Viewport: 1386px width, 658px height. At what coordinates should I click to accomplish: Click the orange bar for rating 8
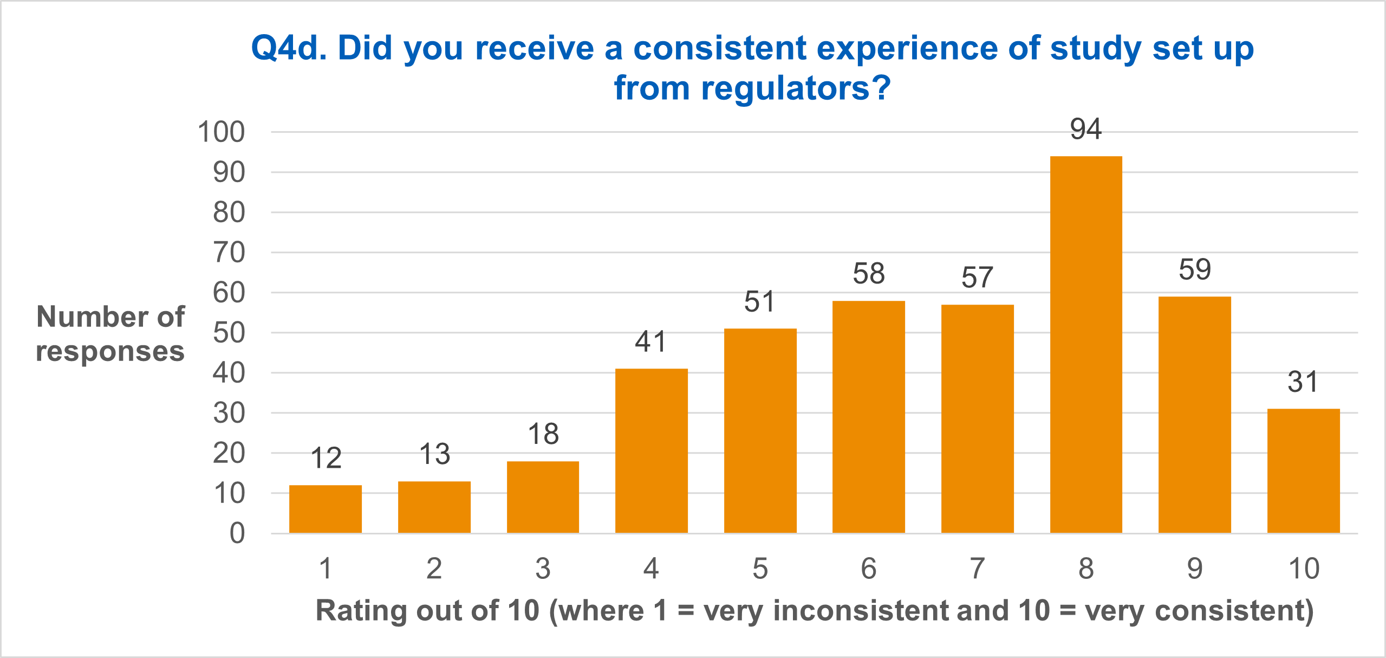(1085, 344)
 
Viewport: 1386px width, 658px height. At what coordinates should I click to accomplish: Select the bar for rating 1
(325, 509)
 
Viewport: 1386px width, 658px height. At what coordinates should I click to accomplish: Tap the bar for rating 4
(651, 450)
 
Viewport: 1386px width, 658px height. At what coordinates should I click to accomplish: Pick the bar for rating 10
(1303, 470)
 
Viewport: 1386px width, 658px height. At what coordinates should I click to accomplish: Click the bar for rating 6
(868, 417)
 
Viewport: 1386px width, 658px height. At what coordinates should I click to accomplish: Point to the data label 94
(1085, 130)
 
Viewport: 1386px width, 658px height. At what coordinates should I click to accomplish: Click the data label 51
(759, 302)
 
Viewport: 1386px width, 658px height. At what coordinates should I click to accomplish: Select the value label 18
(543, 434)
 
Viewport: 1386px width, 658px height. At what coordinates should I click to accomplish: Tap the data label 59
(1194, 270)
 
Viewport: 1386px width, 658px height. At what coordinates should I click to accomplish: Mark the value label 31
(1303, 382)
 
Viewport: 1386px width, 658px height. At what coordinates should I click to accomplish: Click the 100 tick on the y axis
(221, 132)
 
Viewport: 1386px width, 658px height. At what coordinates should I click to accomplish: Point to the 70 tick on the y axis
(229, 253)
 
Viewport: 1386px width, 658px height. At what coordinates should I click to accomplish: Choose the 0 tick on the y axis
(237, 534)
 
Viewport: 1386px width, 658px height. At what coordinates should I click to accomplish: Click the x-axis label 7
(977, 569)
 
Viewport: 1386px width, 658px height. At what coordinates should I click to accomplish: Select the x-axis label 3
(543, 569)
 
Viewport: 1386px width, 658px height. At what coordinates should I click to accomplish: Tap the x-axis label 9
(1194, 569)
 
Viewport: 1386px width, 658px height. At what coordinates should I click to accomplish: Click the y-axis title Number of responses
(110, 333)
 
